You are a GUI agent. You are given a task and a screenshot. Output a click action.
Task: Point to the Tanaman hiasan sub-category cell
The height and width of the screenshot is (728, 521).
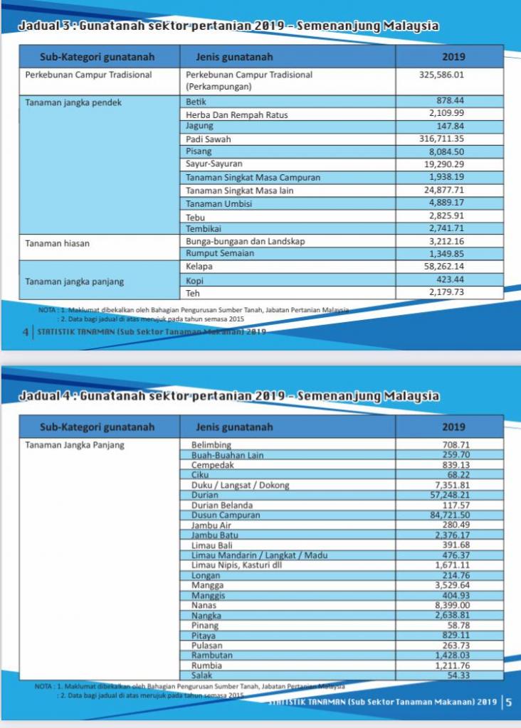53,243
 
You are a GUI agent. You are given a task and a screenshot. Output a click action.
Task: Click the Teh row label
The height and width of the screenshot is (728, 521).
192,293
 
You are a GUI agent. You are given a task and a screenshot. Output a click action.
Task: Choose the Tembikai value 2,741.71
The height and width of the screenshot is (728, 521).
446,228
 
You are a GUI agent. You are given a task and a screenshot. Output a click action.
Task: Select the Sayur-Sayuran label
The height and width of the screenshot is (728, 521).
214,164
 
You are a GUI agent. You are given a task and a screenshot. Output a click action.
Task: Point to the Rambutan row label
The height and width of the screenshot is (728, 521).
212,655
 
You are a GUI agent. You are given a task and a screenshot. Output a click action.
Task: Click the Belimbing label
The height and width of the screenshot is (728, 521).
213,445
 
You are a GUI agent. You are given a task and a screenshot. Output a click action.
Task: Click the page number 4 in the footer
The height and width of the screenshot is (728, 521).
26,331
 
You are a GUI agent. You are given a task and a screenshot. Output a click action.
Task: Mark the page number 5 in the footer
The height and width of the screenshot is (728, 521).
508,702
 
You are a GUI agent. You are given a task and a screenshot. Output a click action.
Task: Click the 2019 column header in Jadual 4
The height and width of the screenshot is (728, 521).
453,427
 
